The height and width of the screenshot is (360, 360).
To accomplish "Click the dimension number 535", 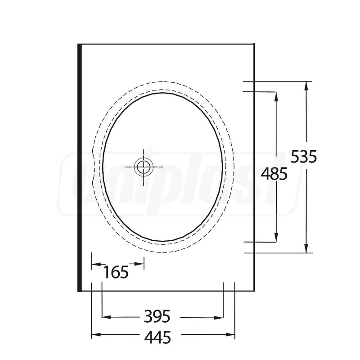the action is [x=304, y=157].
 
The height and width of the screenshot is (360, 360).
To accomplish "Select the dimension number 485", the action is [x=274, y=174].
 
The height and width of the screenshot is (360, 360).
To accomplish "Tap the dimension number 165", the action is [x=116, y=272].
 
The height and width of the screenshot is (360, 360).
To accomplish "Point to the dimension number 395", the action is [x=157, y=316].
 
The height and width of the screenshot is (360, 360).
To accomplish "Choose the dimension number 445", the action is [x=158, y=337].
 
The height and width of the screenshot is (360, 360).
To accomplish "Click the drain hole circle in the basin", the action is [x=144, y=167].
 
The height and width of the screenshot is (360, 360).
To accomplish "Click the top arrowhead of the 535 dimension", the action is [x=306, y=86].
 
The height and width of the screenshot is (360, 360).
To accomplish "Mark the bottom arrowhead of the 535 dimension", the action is [x=306, y=248].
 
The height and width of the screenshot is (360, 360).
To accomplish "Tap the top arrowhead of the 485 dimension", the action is [x=276, y=97].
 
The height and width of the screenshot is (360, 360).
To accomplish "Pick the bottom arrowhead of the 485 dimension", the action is [x=276, y=237].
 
